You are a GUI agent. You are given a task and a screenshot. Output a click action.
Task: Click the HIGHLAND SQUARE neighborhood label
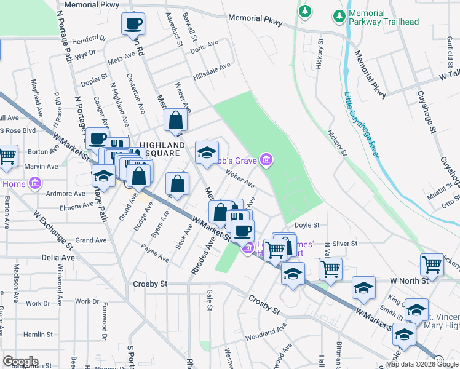coord(157,149)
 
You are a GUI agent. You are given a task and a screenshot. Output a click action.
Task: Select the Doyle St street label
coord(307,225)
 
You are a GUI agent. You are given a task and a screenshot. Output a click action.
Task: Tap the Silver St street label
coord(345,244)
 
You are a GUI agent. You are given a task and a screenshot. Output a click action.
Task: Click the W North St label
coord(408,280)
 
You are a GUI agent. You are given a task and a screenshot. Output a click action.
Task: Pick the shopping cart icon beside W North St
coord(432,264)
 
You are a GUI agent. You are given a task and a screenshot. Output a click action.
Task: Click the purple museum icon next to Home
coord(34,183)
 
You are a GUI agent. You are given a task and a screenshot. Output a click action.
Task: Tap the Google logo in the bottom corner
coord(20,362)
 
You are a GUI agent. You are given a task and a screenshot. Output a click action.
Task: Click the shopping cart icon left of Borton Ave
coord(8,155)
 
